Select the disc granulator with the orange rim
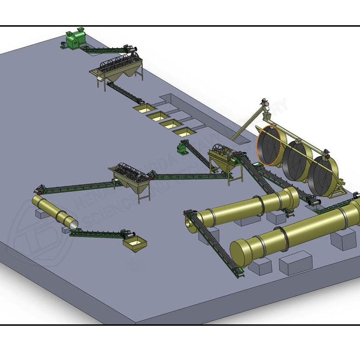pyautogui.click(x=271, y=143)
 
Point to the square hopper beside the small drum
pyautogui.click(x=135, y=243)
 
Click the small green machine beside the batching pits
pyautogui.click(x=182, y=148)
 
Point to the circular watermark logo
pyautogui.click(x=34, y=234)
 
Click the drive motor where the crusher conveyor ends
pyautogui.click(x=132, y=47)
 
